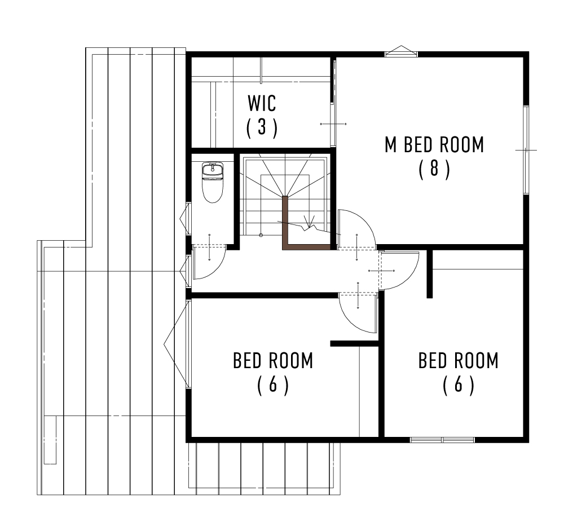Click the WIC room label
click(262, 103)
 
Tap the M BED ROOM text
click(434, 145)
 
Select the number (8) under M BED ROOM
click(434, 169)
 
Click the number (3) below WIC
click(262, 127)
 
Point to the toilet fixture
click(213, 182)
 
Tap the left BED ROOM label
click(273, 360)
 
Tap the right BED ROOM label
click(458, 360)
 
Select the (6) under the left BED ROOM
click(273, 385)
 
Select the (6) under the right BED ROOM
click(458, 385)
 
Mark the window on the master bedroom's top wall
click(401, 52)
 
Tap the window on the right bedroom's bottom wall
click(442, 440)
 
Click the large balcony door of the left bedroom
click(188, 343)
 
